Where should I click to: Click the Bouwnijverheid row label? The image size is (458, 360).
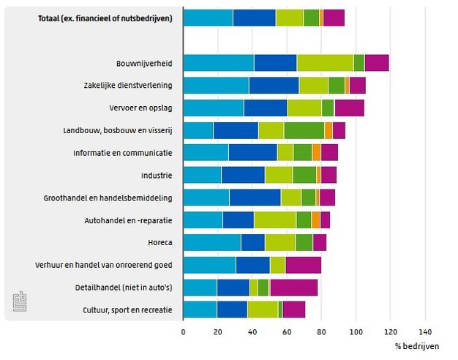(x=144, y=63)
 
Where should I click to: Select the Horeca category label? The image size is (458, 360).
(x=159, y=242)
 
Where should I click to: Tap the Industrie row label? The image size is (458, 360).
(x=157, y=176)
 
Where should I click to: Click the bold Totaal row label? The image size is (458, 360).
(x=105, y=18)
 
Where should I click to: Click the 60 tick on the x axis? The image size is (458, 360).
(x=287, y=331)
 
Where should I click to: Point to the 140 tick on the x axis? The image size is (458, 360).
(x=425, y=331)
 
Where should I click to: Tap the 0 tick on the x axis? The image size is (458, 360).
(x=183, y=331)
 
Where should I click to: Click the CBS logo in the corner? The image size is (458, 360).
(x=18, y=303)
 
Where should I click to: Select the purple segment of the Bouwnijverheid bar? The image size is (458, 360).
(x=376, y=63)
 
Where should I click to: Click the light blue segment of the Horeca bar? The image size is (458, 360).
(x=211, y=242)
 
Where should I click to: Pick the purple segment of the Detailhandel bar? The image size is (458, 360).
(x=293, y=288)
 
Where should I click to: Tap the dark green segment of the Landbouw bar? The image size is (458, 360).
(x=304, y=130)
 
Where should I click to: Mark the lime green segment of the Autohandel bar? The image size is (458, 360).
(x=274, y=220)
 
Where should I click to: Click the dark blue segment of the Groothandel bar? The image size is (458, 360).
(x=255, y=198)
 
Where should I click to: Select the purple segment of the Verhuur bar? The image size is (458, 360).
(x=303, y=265)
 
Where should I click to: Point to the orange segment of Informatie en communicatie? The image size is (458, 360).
(x=316, y=153)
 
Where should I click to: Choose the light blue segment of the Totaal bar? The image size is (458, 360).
(x=208, y=18)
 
